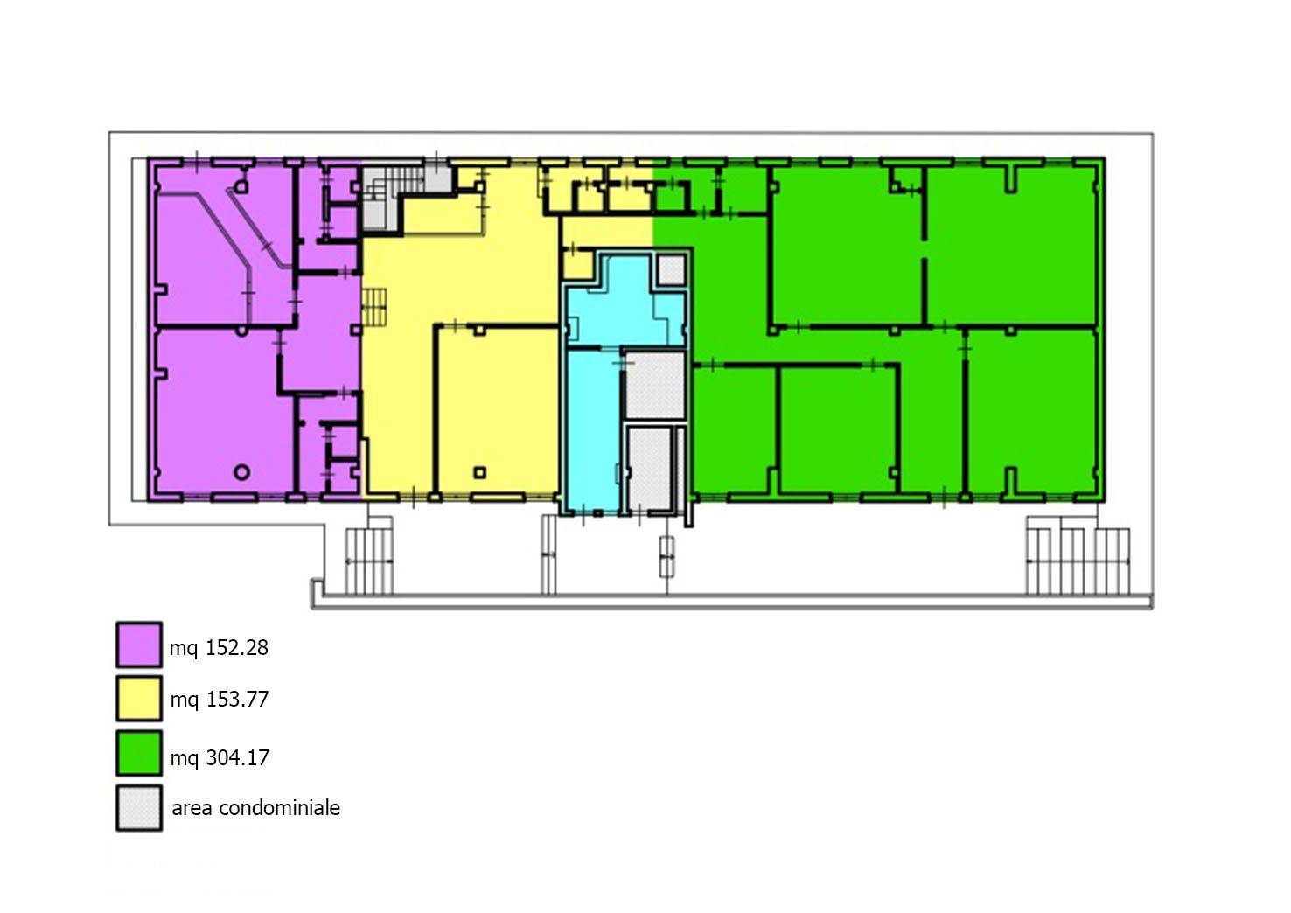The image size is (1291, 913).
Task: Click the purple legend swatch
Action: point(139,645)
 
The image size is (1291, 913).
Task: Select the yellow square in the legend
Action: point(139,699)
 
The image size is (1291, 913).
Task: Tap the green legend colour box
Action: point(139,753)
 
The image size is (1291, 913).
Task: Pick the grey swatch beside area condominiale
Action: point(139,807)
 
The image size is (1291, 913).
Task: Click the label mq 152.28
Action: point(219,648)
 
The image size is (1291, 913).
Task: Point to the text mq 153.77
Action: point(220,699)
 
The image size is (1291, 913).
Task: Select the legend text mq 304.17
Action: point(220,757)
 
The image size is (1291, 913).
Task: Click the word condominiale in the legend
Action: point(280,807)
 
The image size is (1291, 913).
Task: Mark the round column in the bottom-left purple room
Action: point(242,472)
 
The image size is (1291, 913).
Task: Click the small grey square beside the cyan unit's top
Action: point(672,269)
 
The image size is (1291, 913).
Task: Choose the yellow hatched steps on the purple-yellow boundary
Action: point(374,307)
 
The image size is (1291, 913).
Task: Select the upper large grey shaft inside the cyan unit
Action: point(655,385)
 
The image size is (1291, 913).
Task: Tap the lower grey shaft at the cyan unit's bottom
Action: point(652,468)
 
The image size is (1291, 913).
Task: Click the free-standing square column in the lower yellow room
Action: point(479,472)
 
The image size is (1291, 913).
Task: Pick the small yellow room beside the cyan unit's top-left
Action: point(578,266)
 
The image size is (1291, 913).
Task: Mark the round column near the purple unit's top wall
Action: point(241,186)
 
